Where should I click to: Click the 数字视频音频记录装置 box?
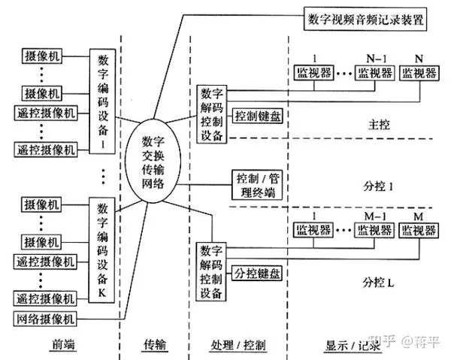[x=365, y=19]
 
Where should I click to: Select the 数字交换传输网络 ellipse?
[x=153, y=161]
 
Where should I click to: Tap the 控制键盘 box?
[x=257, y=116]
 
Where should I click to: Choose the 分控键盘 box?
[x=257, y=273]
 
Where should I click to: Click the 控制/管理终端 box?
[x=257, y=185]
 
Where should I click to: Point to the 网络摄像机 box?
[x=45, y=319]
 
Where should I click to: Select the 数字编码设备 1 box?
[x=103, y=101]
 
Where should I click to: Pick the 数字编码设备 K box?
[x=101, y=250]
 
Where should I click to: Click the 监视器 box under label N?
[x=419, y=73]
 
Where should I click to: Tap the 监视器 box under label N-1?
[x=375, y=73]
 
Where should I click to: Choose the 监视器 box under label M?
[x=419, y=230]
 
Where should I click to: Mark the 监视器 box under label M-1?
[x=374, y=230]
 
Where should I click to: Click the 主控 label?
[x=379, y=125]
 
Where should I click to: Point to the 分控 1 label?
[x=378, y=186]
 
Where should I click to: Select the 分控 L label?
[x=378, y=283]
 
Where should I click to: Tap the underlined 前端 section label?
[x=63, y=344]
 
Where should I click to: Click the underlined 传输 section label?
[x=155, y=344]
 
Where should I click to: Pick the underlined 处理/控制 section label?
[x=238, y=345]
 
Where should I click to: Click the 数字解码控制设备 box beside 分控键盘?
[x=211, y=272]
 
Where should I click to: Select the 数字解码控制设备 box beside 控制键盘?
[x=212, y=114]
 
